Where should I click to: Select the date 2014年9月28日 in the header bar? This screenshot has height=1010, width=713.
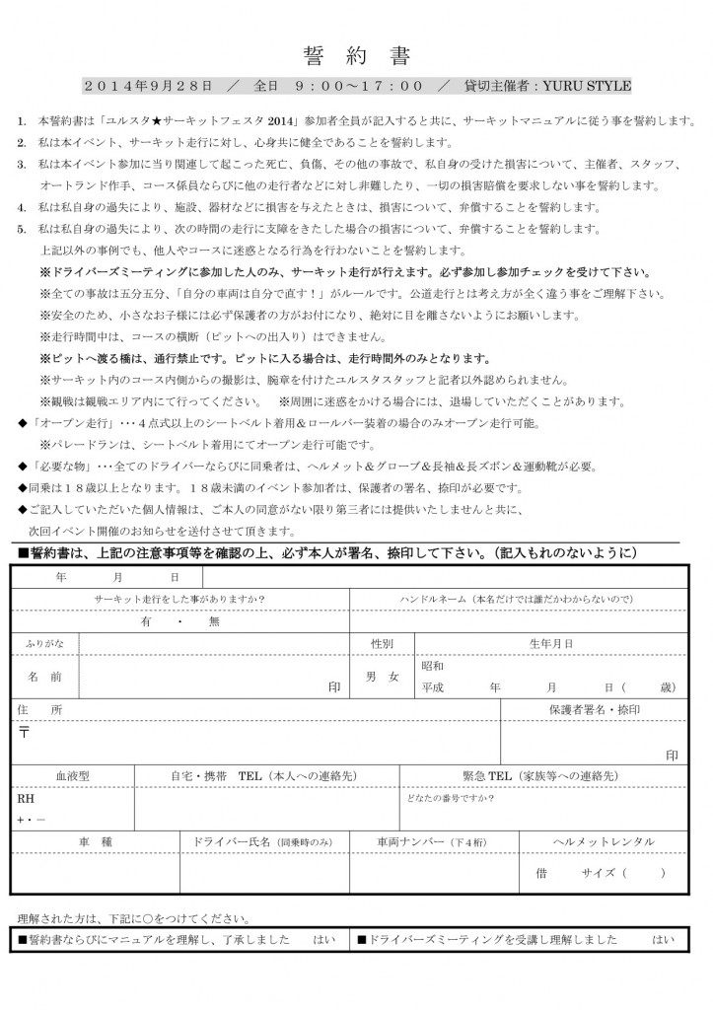[x=148, y=86]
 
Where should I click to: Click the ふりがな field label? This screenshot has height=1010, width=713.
[x=44, y=643]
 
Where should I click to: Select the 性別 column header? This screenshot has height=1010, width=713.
[x=382, y=643]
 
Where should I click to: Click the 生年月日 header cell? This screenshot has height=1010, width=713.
[x=551, y=643]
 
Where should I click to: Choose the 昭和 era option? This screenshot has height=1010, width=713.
[x=434, y=666]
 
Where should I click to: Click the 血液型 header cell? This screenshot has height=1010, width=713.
[x=72, y=776]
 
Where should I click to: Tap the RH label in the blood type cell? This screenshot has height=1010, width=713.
[x=26, y=798]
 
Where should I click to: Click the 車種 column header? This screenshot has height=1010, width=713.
[x=96, y=841]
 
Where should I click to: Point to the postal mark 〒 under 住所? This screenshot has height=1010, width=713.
[x=24, y=732]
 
